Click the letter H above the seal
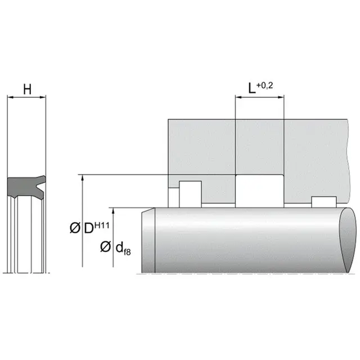26,88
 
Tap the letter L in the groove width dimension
253,88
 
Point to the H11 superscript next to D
102,226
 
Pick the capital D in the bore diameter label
88,229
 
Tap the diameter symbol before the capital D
75,229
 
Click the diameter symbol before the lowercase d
105,247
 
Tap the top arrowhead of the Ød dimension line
114,211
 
